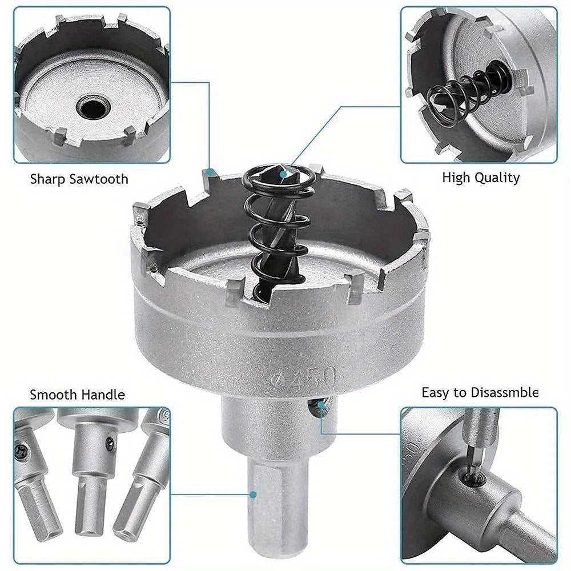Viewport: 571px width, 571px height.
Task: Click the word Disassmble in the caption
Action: coord(504,392)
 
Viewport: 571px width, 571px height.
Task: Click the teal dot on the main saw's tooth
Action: coord(211,171)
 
